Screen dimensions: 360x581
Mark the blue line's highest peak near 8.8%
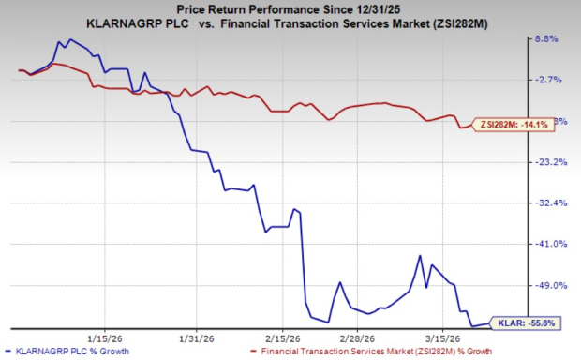point(69,40)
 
